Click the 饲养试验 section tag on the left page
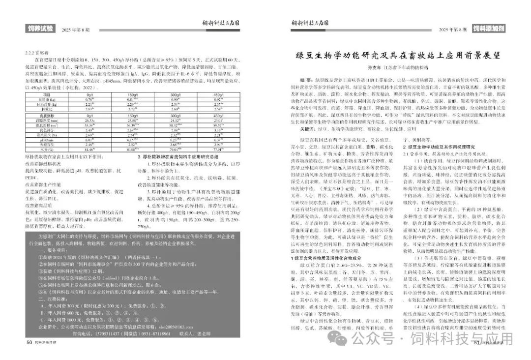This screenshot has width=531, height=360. [40, 29]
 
